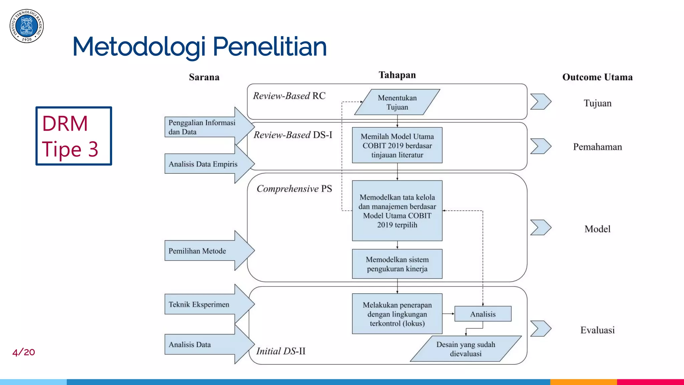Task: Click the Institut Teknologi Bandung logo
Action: click(27, 26)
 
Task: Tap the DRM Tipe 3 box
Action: click(74, 136)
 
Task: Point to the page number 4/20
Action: click(24, 352)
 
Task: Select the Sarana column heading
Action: click(204, 77)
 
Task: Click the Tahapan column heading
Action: click(397, 75)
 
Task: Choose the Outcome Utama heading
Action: click(597, 77)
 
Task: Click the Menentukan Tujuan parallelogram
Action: click(397, 102)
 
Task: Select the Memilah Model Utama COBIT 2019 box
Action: click(397, 145)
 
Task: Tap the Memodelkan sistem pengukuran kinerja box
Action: click(397, 264)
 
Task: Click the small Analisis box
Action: click(483, 314)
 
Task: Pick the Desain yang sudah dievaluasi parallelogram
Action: click(466, 349)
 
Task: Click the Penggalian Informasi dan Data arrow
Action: click(204, 127)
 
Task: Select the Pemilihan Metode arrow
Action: click(204, 251)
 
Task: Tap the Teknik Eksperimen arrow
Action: click(204, 304)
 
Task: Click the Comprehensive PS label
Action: click(294, 189)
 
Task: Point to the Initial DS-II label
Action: click(281, 351)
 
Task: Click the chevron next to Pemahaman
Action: click(540, 146)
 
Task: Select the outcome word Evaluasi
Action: click(597, 330)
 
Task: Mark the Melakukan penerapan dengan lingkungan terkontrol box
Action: click(397, 314)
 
